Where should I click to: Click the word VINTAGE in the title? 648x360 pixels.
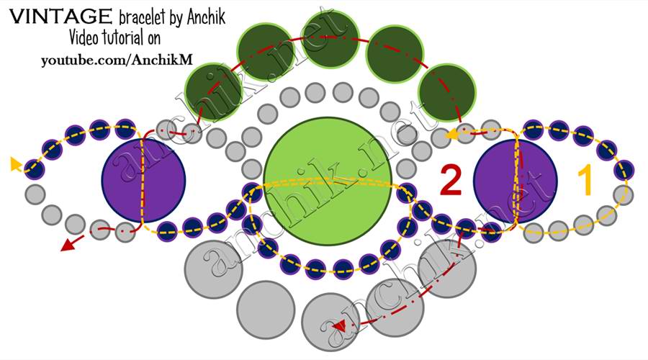tap(60, 17)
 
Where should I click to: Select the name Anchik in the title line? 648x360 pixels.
tap(206, 17)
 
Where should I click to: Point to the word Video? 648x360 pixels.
tap(84, 37)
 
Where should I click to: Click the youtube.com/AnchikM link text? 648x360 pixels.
tap(117, 60)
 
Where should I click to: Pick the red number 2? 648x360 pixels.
tap(451, 180)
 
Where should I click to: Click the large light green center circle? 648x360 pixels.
tap(328, 180)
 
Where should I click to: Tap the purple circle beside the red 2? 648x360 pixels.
tap(516, 181)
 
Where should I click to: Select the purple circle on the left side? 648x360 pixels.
tap(143, 180)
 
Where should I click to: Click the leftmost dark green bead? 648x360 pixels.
tap(213, 93)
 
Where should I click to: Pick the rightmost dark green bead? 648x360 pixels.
tap(447, 93)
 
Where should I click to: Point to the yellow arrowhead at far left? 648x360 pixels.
tap(16, 164)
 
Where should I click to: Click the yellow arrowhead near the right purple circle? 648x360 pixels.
tap(451, 134)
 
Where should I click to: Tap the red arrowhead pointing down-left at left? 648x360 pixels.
tap(68, 246)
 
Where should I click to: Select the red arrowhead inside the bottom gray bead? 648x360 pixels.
tap(339, 326)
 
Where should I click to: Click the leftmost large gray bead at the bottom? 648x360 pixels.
tap(213, 269)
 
